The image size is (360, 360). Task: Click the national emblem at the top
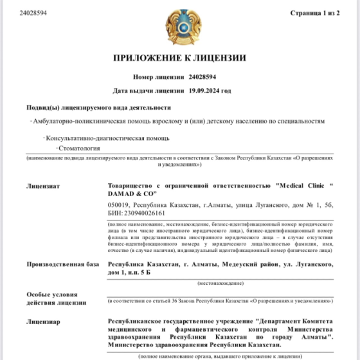180,26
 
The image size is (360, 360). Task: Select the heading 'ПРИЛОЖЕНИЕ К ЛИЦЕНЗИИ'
180,58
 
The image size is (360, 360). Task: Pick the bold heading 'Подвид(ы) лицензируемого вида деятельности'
98,107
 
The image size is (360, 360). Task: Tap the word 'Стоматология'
78,148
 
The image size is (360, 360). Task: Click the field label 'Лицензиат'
43,186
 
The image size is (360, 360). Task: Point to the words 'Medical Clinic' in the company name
298,186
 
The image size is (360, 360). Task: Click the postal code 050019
120,204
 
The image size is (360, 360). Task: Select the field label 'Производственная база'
63,264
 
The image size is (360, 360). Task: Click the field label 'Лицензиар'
43,321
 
